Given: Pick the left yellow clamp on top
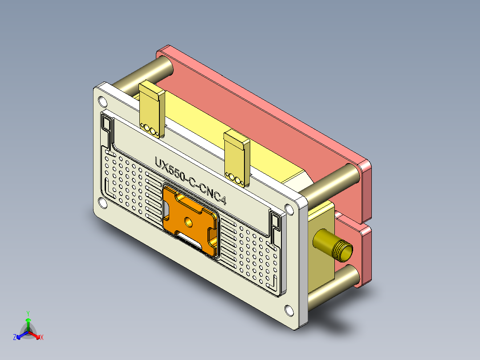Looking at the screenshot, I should [152, 109].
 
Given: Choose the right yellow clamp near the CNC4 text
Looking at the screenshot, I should [237, 157].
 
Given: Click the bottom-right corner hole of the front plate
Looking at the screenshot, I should [289, 309].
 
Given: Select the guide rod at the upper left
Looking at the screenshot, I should [142, 74].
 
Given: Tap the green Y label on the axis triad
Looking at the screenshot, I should [28, 313].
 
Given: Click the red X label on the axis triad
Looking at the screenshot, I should [42, 338].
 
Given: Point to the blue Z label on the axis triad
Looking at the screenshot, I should [15, 338].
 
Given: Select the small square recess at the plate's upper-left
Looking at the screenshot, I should [107, 122].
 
